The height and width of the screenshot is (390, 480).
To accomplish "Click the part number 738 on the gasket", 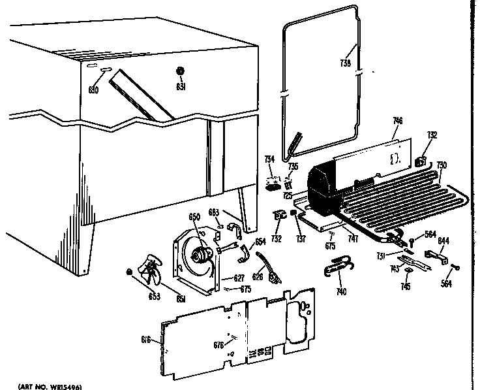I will [346, 63].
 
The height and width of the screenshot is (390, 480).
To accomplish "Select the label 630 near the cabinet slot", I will [93, 89].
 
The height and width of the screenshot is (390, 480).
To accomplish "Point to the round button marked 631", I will [180, 71].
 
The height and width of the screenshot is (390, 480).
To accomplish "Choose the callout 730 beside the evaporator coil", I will [442, 165].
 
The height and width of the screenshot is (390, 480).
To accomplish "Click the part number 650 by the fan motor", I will [193, 217].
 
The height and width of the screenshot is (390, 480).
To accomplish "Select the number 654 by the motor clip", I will [260, 242].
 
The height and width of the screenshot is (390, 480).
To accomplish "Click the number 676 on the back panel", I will [219, 345].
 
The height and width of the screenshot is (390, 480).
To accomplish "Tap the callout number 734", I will [269, 159].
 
